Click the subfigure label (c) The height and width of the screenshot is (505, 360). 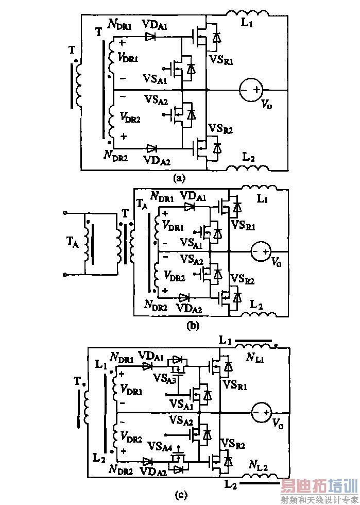click(x=181, y=495)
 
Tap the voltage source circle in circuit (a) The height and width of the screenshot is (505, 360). click(x=249, y=90)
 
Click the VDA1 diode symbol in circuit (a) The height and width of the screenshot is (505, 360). click(x=150, y=37)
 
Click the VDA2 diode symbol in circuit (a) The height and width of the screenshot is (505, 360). click(x=151, y=148)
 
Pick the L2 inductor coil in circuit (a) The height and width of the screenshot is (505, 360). click(x=246, y=167)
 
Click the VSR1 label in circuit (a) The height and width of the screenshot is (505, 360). click(x=221, y=61)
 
